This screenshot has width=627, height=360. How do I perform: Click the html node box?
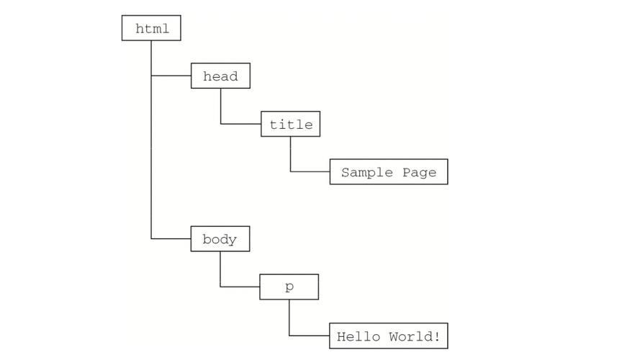click(x=151, y=28)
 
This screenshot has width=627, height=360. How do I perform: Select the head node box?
click(x=221, y=76)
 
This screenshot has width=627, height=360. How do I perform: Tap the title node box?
click(x=291, y=124)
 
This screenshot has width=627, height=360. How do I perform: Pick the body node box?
click(x=220, y=239)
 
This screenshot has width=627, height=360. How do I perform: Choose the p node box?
click(x=289, y=287)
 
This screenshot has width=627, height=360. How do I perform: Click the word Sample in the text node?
click(x=367, y=172)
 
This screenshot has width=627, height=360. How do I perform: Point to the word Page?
click(x=420, y=172)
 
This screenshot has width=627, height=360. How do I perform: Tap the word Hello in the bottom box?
click(x=358, y=336)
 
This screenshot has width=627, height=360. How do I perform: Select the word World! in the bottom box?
click(x=415, y=336)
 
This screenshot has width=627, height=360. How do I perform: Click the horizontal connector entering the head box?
click(x=171, y=76)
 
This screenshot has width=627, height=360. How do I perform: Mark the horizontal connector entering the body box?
click(x=171, y=239)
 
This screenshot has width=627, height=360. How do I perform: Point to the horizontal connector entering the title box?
click(x=240, y=124)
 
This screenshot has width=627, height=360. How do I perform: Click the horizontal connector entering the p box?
click(x=240, y=287)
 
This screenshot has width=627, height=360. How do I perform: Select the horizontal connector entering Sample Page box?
click(x=310, y=172)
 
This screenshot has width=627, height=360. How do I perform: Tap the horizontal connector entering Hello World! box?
click(x=310, y=336)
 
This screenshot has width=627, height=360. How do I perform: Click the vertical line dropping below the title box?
click(x=291, y=154)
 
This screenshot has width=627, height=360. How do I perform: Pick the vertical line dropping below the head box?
click(x=221, y=106)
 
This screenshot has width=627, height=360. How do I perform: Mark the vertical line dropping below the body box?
click(x=220, y=269)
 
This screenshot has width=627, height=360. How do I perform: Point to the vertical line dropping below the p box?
click(x=289, y=318)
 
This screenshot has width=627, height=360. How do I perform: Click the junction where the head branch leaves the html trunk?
click(x=151, y=76)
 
